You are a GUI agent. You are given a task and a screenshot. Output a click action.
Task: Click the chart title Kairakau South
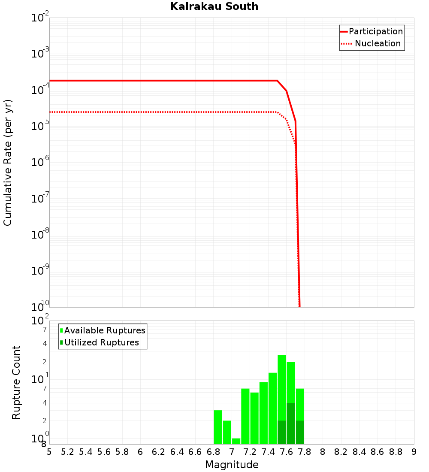214,6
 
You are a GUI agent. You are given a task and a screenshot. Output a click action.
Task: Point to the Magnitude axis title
232,465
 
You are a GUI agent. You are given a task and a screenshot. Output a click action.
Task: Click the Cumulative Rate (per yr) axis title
8,162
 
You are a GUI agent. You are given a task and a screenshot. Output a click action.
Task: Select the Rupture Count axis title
16,382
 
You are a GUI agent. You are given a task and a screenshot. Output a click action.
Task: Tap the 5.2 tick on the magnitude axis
67,452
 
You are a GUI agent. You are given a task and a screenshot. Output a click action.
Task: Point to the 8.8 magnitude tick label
396,452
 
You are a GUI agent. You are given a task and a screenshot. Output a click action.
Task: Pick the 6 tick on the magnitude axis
140,452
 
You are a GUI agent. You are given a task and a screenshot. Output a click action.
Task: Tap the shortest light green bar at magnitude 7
236,441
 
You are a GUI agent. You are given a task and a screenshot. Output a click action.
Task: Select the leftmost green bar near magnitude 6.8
218,427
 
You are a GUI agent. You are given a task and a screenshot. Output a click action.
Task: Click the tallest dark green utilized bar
291,424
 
